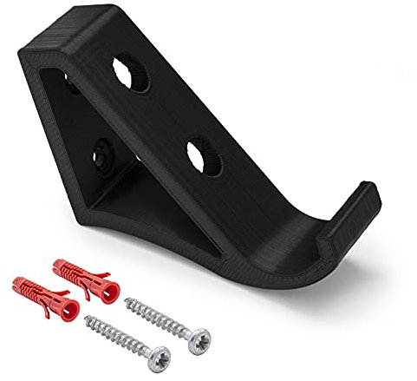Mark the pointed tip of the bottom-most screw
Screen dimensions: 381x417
pos(88,320)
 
